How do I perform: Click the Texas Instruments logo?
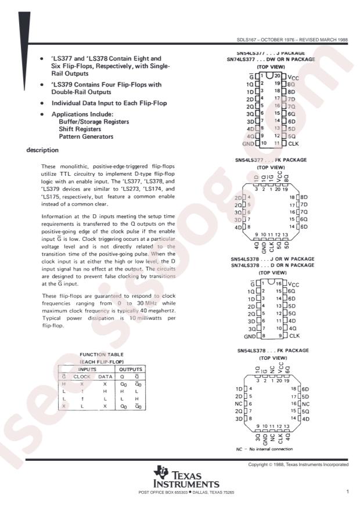pyautogui.click(x=185, y=478)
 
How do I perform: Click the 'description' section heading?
pyautogui.click(x=42, y=150)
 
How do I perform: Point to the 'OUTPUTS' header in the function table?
pyautogui.click(x=130, y=369)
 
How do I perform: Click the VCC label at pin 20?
pyautogui.click(x=294, y=76)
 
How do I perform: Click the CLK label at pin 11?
pyautogui.click(x=293, y=143)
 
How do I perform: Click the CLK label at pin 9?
pyautogui.click(x=294, y=335)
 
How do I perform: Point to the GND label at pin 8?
pyautogui.click(x=250, y=336)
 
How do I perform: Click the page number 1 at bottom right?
pyautogui.click(x=347, y=492)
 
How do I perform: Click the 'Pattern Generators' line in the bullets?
pyautogui.click(x=86, y=137)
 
